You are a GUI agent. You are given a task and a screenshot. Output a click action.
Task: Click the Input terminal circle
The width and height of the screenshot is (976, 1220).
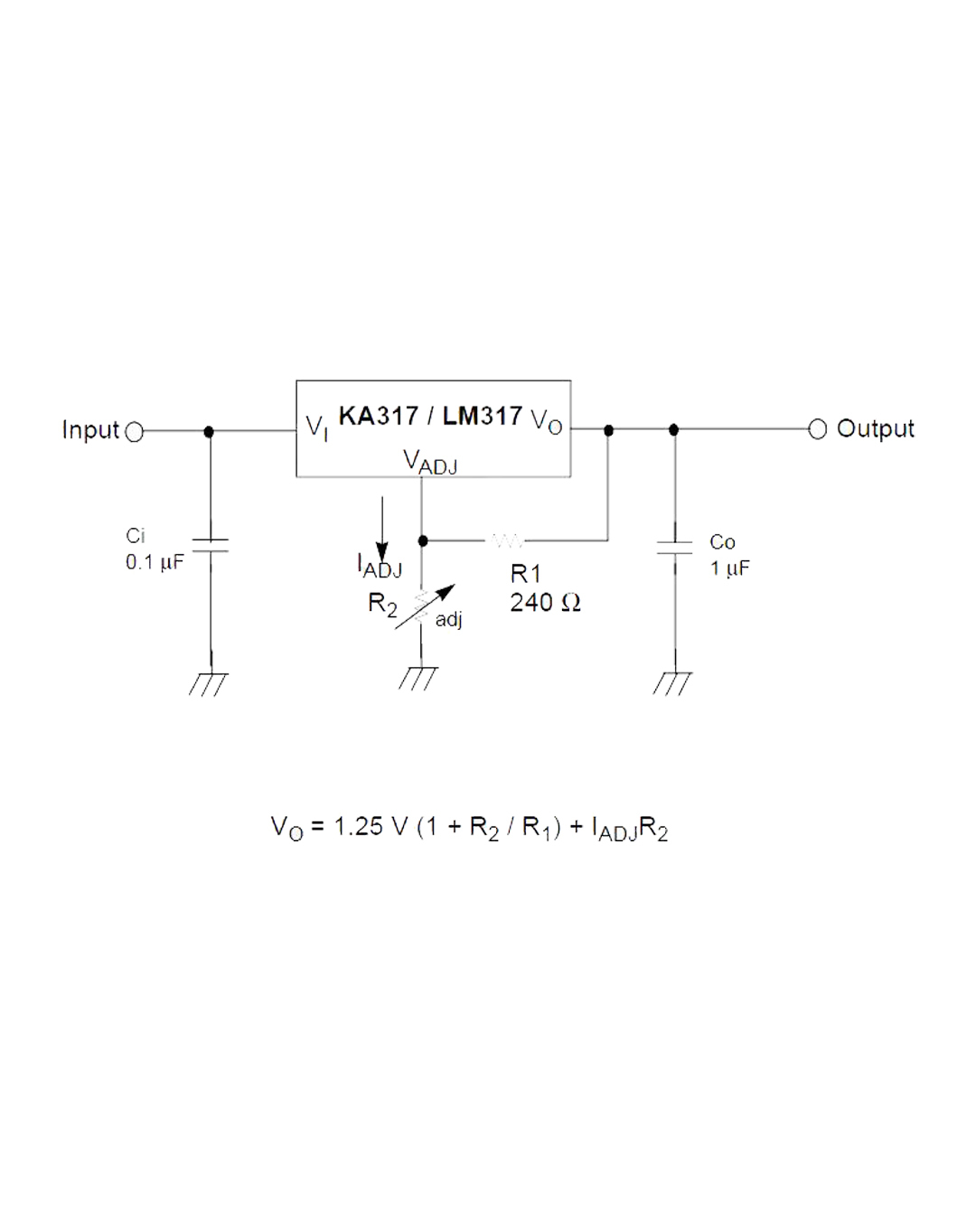(x=134, y=432)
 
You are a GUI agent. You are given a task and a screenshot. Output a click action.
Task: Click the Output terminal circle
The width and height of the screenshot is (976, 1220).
(x=817, y=429)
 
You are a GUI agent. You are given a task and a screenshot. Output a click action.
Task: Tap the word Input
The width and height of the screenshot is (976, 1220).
(x=90, y=430)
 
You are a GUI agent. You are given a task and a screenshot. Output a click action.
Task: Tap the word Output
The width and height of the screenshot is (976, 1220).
(x=875, y=428)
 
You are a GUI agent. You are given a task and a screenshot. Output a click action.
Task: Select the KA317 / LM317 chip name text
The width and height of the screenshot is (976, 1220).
(x=430, y=416)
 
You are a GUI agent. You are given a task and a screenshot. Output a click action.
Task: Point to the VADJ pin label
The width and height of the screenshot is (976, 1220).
(x=429, y=462)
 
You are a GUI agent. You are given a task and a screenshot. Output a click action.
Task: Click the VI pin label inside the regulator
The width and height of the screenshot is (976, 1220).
(x=316, y=427)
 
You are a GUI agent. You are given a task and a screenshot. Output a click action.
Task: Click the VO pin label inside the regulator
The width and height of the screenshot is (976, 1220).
(x=546, y=421)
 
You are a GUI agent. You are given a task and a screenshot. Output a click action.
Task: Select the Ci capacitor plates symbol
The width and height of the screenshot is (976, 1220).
(x=211, y=545)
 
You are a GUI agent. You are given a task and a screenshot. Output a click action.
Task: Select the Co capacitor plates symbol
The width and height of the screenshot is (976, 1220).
(x=674, y=548)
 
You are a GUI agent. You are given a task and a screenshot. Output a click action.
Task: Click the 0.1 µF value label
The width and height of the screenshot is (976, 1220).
(x=155, y=562)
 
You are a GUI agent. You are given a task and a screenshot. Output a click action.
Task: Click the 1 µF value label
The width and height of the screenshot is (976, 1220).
(x=729, y=568)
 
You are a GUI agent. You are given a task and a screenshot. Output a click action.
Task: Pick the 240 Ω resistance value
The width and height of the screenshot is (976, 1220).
(x=545, y=603)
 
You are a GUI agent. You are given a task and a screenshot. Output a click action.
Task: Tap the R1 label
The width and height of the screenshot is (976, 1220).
(x=525, y=574)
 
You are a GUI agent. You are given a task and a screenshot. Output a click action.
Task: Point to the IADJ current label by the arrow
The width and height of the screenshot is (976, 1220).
(x=380, y=567)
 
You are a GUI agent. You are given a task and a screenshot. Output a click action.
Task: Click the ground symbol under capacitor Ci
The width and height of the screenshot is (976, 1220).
(x=209, y=683)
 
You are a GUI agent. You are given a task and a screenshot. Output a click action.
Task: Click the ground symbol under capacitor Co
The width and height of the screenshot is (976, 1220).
(x=672, y=683)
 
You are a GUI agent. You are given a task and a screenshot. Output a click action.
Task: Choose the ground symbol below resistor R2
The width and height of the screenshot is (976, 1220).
(x=418, y=678)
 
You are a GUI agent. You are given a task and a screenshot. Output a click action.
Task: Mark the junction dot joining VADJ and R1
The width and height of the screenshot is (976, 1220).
(x=423, y=540)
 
